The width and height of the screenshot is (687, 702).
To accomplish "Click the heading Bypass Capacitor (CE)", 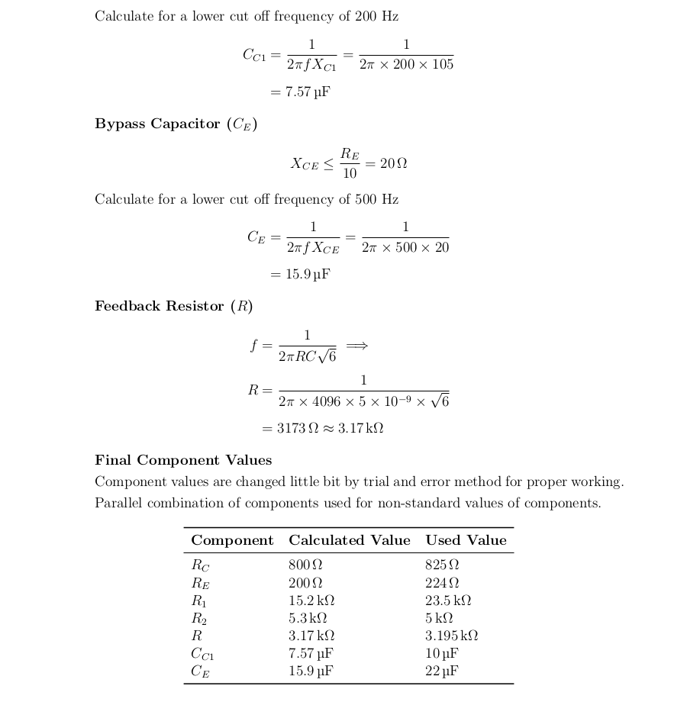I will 176,124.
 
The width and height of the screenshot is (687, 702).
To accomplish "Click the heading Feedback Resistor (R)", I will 173,306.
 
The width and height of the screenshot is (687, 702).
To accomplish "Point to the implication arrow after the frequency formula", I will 356,346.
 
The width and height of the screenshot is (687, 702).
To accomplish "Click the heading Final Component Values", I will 183,460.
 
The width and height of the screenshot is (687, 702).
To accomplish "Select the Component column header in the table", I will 232,540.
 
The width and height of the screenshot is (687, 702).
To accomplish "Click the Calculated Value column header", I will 349,540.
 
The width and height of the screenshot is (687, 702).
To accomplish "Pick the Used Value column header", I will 466,540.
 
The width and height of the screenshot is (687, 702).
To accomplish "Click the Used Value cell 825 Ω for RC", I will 442,565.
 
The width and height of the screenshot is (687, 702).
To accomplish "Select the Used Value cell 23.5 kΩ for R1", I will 448,601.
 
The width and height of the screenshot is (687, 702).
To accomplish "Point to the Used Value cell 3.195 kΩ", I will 452,636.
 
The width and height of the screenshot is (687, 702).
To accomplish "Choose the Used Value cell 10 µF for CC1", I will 442,653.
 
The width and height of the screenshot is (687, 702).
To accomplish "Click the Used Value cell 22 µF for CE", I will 442,671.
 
